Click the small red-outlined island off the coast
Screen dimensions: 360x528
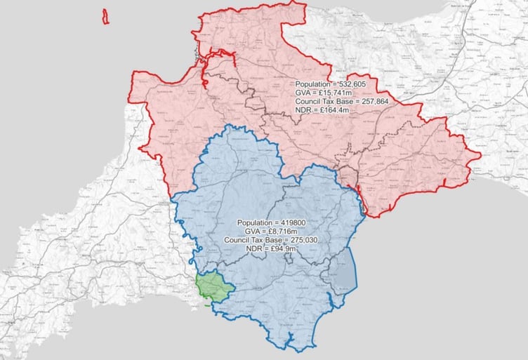(x=105, y=16)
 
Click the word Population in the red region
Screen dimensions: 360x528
(x=312, y=84)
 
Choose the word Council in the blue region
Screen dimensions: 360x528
(x=236, y=240)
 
